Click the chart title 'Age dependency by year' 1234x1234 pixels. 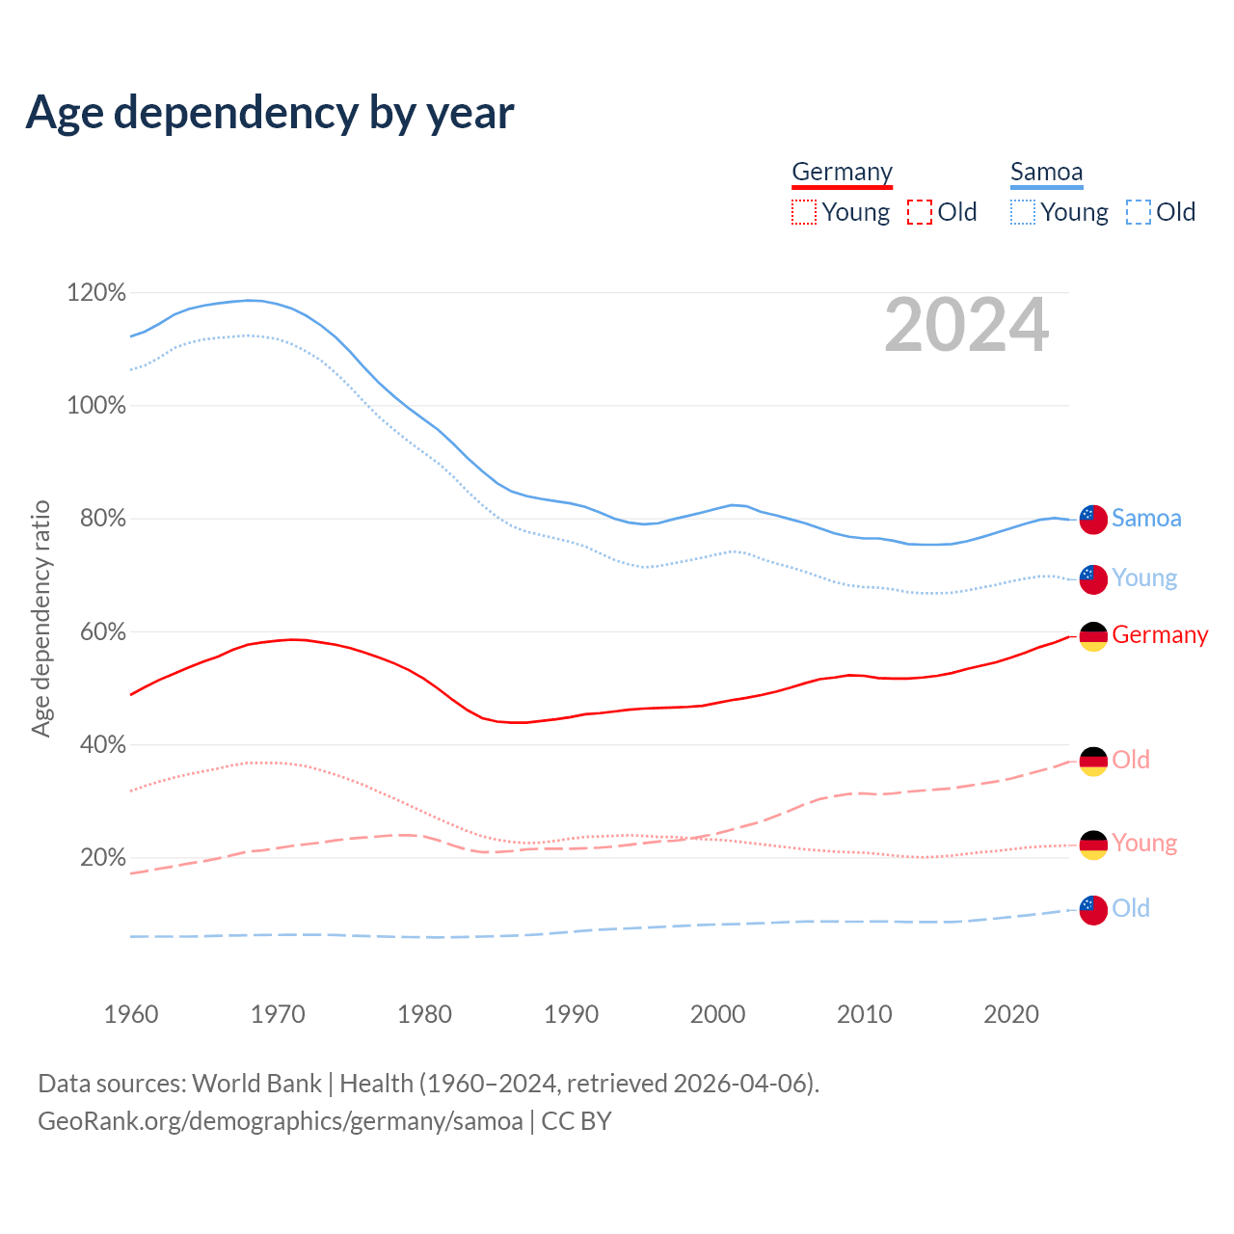tap(270, 113)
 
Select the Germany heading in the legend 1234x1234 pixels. tap(842, 173)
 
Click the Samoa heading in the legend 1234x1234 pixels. tap(1046, 173)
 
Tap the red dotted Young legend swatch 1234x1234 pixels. tap(804, 212)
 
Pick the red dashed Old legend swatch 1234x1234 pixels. tap(920, 212)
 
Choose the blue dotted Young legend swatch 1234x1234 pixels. tap(1023, 212)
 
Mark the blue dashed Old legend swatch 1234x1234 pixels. tap(1139, 212)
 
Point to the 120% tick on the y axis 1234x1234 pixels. tap(96, 292)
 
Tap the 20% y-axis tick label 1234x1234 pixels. tap(102, 858)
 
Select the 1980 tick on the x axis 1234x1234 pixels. tap(425, 1014)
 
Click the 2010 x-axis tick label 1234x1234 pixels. tap(865, 1014)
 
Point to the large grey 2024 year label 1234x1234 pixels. tap(966, 326)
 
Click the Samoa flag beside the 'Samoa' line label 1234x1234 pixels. tap(1093, 519)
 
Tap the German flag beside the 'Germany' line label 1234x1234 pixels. tap(1093, 636)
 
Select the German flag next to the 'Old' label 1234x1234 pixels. tap(1093, 762)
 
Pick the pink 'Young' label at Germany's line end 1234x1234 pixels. tap(1144, 844)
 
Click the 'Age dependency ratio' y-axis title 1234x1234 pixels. tap(41, 618)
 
